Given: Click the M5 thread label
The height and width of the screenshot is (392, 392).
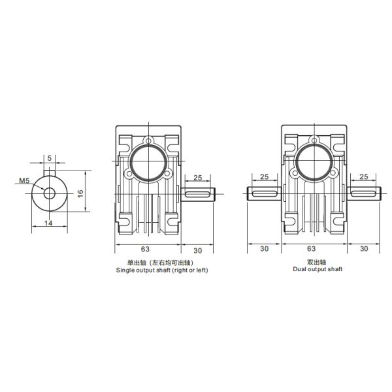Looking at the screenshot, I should (x=24, y=180).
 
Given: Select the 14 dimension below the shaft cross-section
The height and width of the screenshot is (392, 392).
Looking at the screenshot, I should (x=48, y=223).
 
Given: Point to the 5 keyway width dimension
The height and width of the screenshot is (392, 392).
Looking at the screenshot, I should (x=49, y=157).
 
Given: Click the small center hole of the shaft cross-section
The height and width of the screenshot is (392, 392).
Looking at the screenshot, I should (x=49, y=193).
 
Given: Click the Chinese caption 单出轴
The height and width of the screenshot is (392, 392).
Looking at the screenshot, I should (x=128, y=261).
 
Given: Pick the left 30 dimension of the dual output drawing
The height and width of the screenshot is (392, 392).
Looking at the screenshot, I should (x=265, y=249).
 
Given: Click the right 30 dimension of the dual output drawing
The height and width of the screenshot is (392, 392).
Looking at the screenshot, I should (x=363, y=249).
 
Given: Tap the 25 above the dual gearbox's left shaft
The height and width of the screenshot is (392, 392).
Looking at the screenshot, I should (x=265, y=177).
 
